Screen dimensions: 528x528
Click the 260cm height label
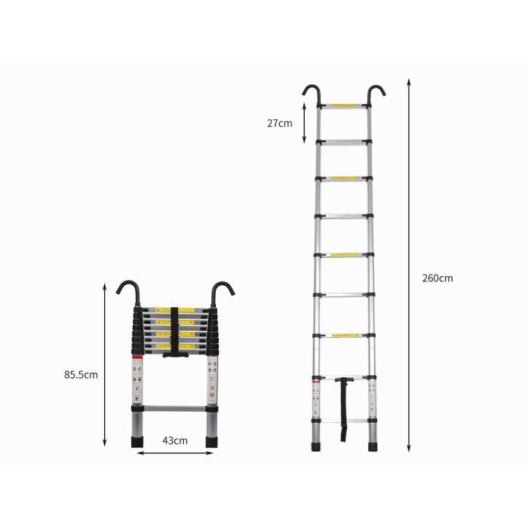click(x=437, y=278)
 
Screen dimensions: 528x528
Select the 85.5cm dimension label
click(x=82, y=373)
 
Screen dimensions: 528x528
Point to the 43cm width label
click(x=175, y=441)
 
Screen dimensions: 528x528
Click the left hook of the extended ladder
click(x=311, y=94)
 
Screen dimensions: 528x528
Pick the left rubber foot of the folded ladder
click(x=141, y=445)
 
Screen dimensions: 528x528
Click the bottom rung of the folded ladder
click(x=175, y=410)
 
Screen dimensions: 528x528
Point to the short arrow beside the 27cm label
click(x=303, y=123)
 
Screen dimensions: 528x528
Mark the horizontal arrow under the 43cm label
click(x=175, y=454)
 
